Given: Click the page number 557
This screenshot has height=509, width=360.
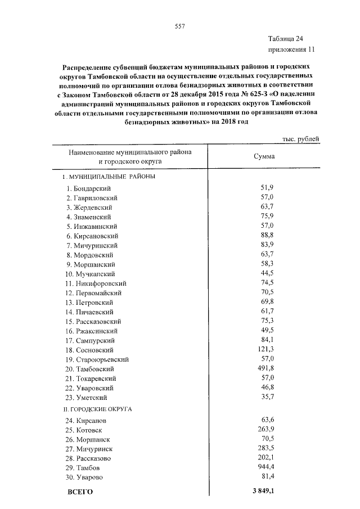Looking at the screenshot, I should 180,26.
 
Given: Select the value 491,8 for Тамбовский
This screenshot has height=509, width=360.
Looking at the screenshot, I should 265,368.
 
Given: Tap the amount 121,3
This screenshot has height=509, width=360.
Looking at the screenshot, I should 265,349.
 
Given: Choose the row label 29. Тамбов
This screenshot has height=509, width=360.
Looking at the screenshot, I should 83,468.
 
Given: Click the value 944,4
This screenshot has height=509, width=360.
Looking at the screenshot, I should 265,467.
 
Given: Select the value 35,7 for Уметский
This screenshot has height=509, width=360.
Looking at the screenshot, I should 267,397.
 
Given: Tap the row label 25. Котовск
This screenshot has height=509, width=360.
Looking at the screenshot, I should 84,430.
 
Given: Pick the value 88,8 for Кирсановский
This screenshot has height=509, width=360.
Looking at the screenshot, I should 267,235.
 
